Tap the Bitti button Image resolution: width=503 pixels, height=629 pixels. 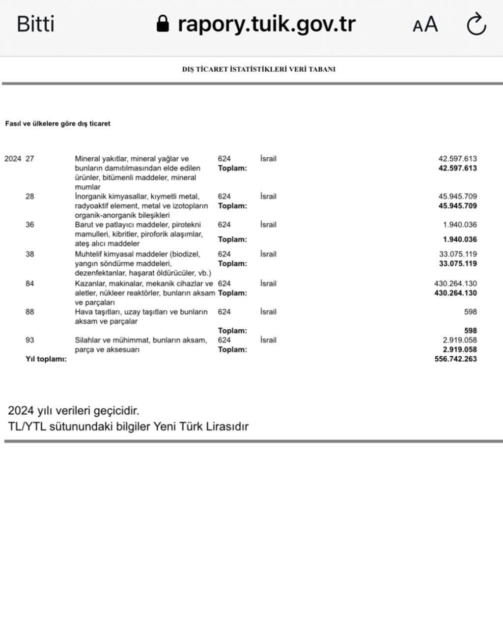pos(35,24)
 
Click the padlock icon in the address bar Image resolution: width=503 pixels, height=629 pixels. pos(163,23)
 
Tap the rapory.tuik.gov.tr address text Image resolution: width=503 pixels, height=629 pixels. pos(266,24)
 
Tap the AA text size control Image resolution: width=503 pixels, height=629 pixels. pos(425,24)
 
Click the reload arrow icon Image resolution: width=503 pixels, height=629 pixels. pos(476,24)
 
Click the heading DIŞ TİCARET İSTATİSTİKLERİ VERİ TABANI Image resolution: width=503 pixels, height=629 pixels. pos(258,69)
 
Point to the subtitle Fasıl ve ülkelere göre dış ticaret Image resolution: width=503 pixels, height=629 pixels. pos(57,124)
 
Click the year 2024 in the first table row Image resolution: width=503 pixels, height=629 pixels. pos(13,159)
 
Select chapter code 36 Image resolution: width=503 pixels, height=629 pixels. pos(30,225)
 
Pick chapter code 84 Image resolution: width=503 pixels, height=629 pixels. pos(30,284)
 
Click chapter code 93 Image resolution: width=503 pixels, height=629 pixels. pos(30,340)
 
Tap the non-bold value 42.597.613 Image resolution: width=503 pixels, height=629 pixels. pos(457,159)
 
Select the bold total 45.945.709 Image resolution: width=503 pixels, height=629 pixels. pos(457,206)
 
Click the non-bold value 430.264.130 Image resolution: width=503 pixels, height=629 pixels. pos(455,284)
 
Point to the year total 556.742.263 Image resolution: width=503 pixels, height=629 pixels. pos(455,359)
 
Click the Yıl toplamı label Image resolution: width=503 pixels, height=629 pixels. pos(46,359)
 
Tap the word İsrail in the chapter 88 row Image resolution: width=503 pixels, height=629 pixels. pos(268,312)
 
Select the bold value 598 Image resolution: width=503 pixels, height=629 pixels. pos(470,331)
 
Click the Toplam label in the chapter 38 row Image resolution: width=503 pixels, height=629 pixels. pos(232,263)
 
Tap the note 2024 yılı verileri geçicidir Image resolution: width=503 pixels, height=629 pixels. pos(73,410)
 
